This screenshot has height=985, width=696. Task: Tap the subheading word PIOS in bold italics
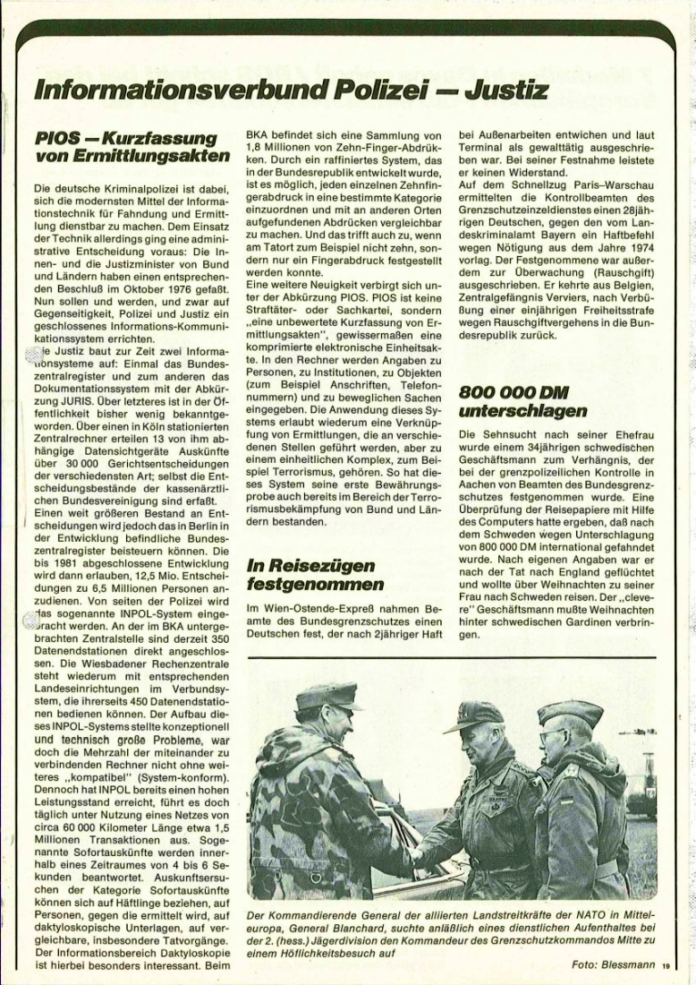(59, 140)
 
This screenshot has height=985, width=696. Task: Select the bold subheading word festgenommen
(304, 585)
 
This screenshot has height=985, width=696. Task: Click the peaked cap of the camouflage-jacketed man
(327, 696)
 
